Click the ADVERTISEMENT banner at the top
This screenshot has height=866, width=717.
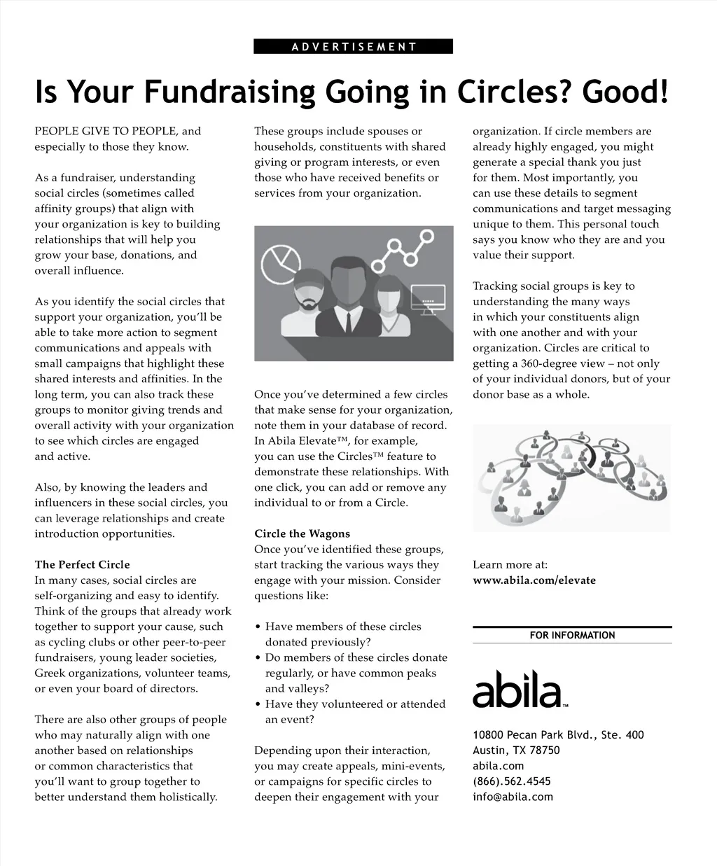[x=354, y=47]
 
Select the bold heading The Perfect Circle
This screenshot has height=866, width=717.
[x=83, y=564]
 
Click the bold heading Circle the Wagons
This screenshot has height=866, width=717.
[x=302, y=533]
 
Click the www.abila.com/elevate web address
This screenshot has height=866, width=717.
[x=534, y=580]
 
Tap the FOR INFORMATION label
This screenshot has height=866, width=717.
[x=572, y=636]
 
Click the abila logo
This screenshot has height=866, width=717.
[x=518, y=689]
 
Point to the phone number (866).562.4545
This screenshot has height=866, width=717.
[x=512, y=781]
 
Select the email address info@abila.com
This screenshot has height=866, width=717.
[x=513, y=797]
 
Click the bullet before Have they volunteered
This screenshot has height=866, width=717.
[x=258, y=704]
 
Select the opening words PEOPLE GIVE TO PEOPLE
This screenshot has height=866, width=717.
[x=107, y=131]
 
